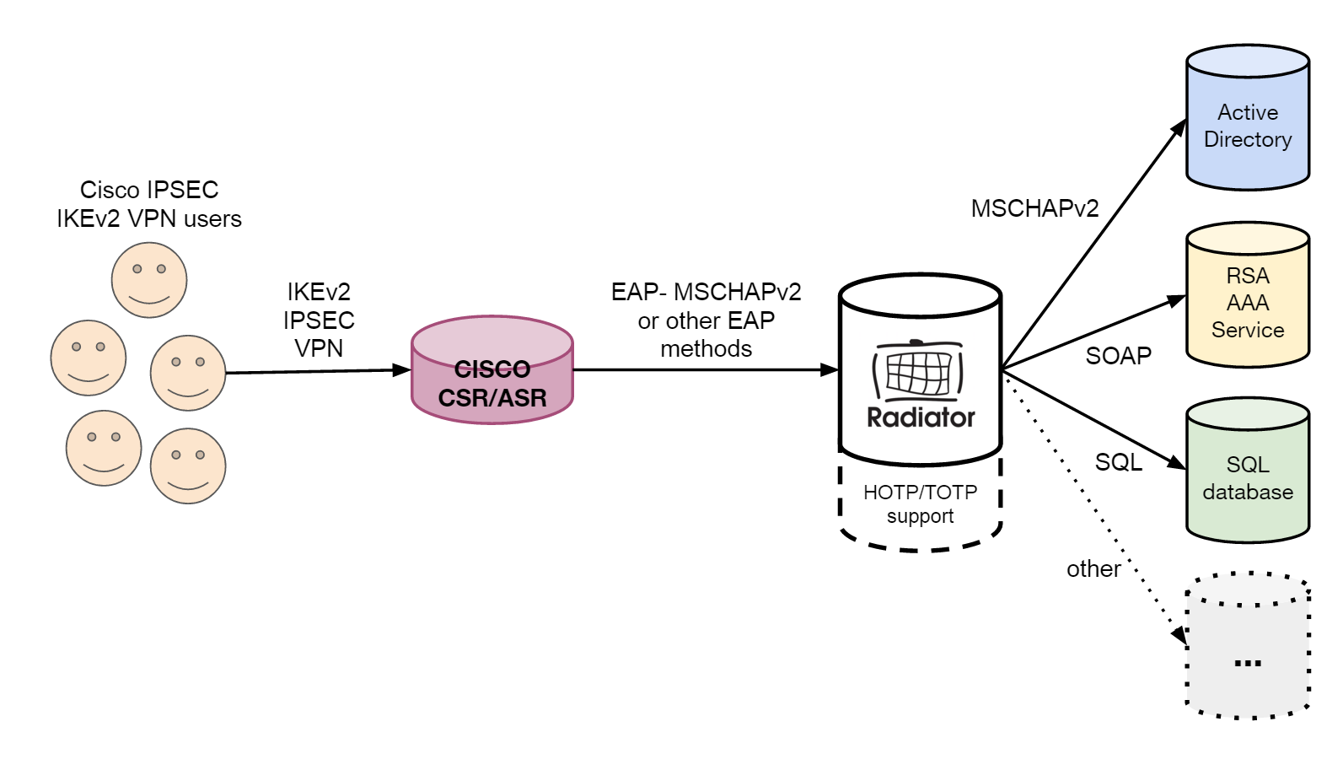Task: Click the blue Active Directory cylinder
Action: pos(1248,118)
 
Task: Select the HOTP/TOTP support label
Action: pos(920,503)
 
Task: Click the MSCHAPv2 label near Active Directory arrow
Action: pos(1034,208)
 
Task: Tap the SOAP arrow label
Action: pos(1118,356)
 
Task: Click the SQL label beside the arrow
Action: pos(1118,462)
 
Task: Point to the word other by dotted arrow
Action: pos(1093,569)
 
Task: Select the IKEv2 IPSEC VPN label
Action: pos(319,320)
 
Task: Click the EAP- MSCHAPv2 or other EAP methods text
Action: pos(706,320)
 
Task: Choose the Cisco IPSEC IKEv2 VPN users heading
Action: pos(149,204)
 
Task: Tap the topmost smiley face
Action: pos(149,280)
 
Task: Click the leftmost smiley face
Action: pos(89,358)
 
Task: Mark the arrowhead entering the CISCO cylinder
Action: pos(403,369)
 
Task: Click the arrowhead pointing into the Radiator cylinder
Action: pos(830,369)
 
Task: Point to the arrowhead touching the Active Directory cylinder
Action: pos(1180,127)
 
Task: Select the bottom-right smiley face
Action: pos(188,466)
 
